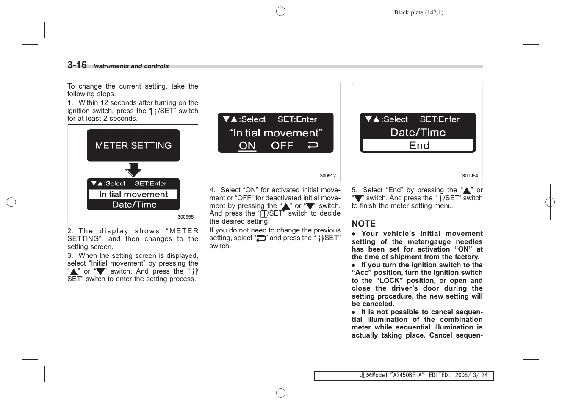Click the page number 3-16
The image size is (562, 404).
77,65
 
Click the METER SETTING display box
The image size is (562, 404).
133,145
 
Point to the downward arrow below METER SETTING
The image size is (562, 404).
133,170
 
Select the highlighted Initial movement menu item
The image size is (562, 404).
133,194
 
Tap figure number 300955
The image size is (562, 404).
185,217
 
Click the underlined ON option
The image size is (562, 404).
247,146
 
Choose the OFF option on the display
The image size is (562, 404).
282,146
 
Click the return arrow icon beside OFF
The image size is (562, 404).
313,146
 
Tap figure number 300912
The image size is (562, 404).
328,176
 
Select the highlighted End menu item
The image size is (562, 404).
418,145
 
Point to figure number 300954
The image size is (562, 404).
470,176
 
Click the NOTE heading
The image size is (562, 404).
363,224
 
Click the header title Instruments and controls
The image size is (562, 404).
131,66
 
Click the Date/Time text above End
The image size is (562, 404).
418,133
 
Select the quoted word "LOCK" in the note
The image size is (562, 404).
390,280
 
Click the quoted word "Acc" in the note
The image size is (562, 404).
362,273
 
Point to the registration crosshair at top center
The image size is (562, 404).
281,11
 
